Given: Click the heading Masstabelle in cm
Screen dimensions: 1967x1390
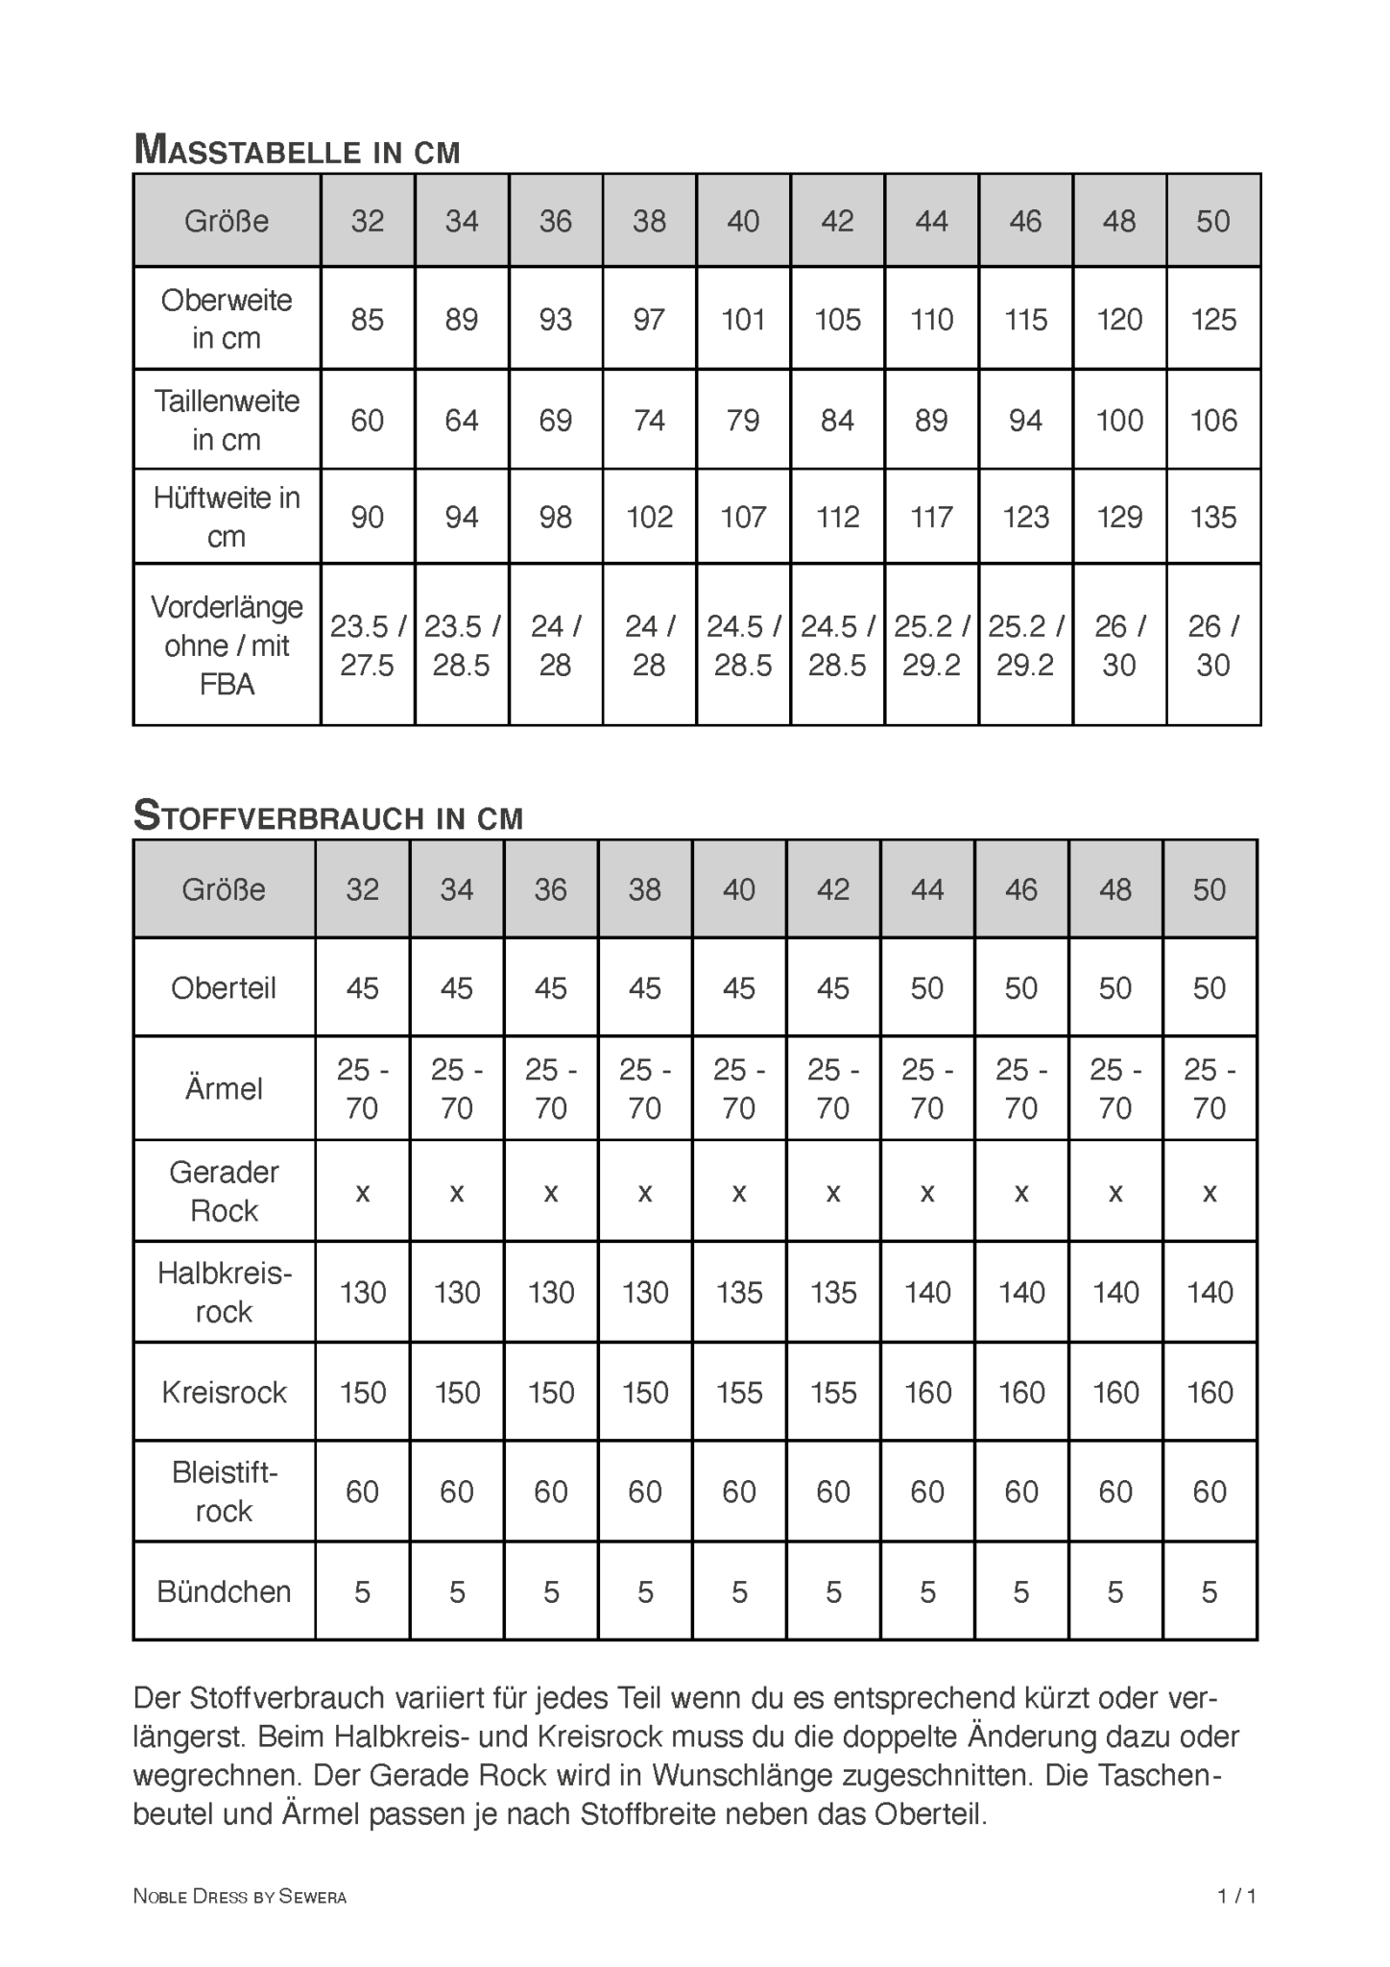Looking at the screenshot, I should tap(297, 150).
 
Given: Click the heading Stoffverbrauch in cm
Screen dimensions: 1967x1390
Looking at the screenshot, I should tap(328, 816).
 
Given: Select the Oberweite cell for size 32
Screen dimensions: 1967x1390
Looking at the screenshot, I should tap(367, 319).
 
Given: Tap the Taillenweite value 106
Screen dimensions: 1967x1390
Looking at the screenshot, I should tap(1213, 421).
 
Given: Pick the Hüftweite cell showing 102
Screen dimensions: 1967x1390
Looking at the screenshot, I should tap(649, 518).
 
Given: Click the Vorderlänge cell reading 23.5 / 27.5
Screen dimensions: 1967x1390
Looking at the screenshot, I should tap(367, 645).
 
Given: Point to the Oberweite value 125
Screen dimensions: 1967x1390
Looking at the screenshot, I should tap(1213, 319).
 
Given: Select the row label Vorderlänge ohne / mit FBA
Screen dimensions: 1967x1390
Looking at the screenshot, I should tap(227, 645).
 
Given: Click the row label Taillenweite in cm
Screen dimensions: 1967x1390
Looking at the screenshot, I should tap(227, 421).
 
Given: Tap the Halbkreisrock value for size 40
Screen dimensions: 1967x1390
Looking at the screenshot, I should tap(739, 1293).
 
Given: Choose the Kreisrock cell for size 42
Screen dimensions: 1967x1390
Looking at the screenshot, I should tap(832, 1393).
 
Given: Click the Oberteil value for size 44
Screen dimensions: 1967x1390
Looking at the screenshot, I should tap(926, 988).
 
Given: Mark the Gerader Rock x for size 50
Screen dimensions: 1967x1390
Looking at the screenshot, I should tap(1209, 1193).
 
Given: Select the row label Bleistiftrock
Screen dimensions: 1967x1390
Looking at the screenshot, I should tap(224, 1492).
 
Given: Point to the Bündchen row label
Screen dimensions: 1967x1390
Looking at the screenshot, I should tap(224, 1591).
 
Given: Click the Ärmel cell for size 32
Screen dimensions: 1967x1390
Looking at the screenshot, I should tap(362, 1089).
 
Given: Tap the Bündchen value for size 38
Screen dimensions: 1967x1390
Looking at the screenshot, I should tap(644, 1592).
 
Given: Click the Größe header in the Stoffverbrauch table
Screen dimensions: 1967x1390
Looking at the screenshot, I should tap(224, 889).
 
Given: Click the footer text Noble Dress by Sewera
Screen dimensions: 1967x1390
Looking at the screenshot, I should tap(239, 1896).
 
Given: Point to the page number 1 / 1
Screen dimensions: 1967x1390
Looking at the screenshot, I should tap(1236, 1896).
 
